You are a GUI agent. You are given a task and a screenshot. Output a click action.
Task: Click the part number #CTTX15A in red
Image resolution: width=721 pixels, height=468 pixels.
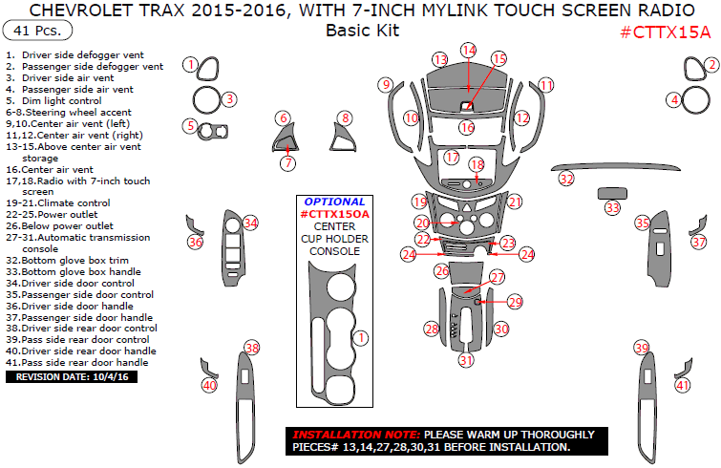[665, 32]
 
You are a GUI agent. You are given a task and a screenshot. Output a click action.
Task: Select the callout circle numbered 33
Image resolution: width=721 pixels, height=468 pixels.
[612, 207]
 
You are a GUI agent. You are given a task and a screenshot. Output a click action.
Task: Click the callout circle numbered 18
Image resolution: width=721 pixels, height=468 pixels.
[477, 166]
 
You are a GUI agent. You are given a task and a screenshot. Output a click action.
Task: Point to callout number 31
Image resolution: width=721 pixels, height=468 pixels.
[465, 360]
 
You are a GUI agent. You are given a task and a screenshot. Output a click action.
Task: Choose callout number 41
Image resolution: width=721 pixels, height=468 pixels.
[682, 385]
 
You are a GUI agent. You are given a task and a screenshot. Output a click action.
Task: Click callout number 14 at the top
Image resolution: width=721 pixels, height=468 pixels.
[468, 50]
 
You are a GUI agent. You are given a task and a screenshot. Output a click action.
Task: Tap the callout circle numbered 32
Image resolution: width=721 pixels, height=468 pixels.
[566, 179]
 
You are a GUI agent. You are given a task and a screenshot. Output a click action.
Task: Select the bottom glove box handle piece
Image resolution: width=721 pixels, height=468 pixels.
[611, 192]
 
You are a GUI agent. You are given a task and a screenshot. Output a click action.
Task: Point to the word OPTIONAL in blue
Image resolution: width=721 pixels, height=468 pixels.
[333, 202]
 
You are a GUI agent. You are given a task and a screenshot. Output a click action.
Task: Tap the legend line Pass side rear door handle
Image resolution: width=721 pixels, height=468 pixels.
[80, 363]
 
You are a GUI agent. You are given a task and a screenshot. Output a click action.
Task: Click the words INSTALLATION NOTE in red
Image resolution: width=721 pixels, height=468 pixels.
[355, 433]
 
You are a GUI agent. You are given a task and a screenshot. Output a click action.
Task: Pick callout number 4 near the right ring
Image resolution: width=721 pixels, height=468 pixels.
[674, 99]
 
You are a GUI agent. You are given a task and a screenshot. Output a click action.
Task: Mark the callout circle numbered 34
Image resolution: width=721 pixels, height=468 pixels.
[250, 223]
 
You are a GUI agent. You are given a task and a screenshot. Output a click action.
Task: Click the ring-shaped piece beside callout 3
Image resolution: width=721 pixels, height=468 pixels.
[205, 98]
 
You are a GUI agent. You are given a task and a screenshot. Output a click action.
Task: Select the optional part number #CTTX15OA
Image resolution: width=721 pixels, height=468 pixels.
[333, 215]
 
